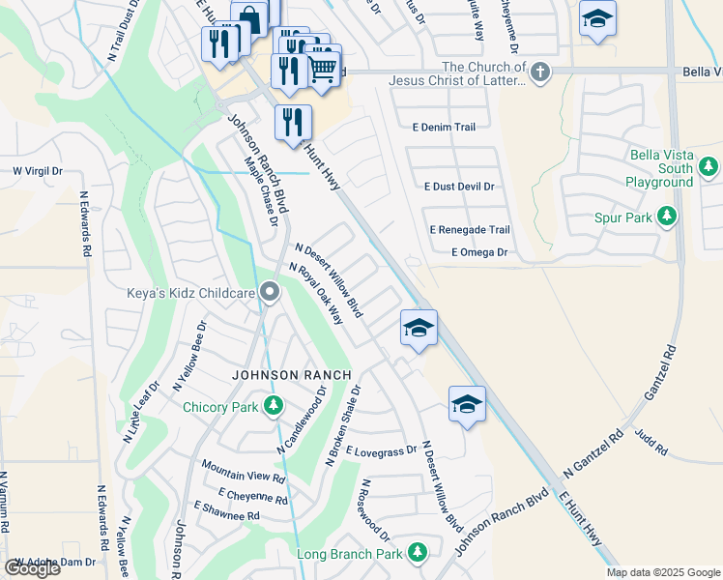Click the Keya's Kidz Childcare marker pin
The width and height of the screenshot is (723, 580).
tap(270, 291)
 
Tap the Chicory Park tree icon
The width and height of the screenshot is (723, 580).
tap(274, 406)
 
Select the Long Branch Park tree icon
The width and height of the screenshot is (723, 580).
tap(417, 553)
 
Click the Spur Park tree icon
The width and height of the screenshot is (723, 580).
tap(666, 217)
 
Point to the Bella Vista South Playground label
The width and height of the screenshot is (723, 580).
tap(661, 168)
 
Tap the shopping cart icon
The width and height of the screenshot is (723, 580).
tap(324, 67)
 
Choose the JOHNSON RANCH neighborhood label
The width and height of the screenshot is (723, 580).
tap(280, 374)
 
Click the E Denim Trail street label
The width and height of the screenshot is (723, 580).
tap(444, 127)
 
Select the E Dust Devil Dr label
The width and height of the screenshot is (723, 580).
tap(459, 187)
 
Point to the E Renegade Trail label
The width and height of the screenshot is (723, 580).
tap(469, 229)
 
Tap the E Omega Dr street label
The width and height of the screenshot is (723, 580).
tap(478, 252)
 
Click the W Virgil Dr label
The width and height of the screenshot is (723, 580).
tap(37, 171)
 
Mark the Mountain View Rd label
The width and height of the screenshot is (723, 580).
tap(243, 471)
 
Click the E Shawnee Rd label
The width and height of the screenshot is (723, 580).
tap(227, 511)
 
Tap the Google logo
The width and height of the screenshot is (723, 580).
tap(32, 568)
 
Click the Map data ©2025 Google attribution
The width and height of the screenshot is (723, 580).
tap(663, 572)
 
